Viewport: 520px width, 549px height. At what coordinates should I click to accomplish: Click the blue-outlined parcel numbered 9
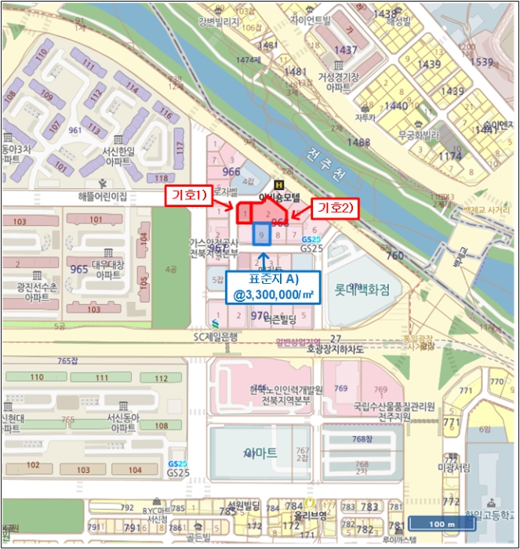tap(261, 234)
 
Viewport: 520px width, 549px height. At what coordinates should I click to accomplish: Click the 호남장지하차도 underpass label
tap(335, 348)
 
